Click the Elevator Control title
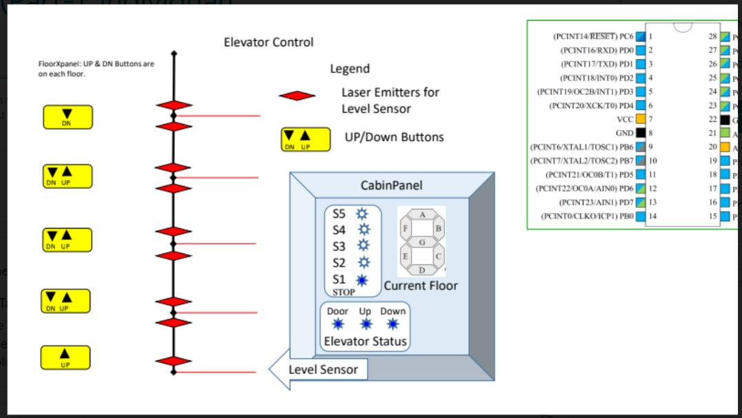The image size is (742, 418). [268, 43]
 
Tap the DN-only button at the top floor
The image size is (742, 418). [67, 116]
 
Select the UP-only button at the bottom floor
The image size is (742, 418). [66, 357]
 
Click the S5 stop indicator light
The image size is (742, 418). [361, 214]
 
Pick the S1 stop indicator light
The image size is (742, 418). [361, 280]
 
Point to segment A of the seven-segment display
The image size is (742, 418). [422, 216]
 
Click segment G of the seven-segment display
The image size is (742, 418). [422, 242]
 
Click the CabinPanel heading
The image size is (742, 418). [392, 186]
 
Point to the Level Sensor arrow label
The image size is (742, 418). [323, 370]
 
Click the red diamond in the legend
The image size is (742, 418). [297, 96]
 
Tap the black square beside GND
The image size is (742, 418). [641, 133]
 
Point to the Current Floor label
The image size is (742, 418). [421, 286]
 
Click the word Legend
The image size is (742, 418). [350, 69]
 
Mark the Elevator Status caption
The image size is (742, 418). [365, 342]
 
